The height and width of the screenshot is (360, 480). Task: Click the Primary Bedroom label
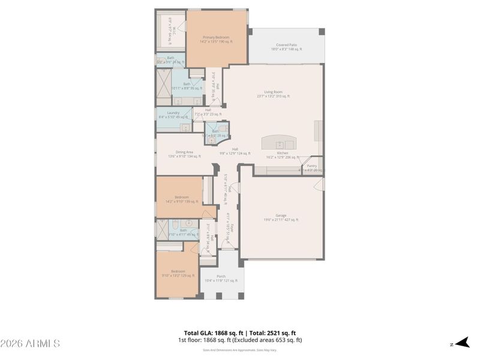pos(216,37)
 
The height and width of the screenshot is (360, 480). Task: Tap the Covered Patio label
pos(286,45)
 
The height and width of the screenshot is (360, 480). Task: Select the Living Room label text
pos(273,92)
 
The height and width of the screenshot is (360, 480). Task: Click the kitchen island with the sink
pos(279,143)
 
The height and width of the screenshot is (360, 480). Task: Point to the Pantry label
pos(311,166)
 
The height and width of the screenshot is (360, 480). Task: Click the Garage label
pos(281,216)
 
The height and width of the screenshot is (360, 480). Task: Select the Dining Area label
pos(184,152)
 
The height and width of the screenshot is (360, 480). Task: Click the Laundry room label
pos(173,113)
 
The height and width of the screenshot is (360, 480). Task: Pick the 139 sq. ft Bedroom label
pos(182,197)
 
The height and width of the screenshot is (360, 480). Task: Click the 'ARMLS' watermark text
pos(30,344)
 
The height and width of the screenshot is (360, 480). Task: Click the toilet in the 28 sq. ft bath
pos(221,128)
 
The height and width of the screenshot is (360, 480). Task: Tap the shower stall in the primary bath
pos(163,79)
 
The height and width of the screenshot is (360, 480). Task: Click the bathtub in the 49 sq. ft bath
pos(161,230)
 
